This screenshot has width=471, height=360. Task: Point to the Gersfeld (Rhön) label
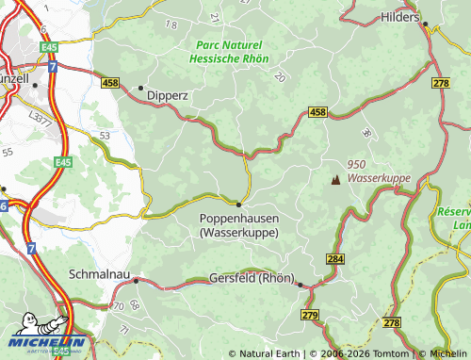coord(249,280)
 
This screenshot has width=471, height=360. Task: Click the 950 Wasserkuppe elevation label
coord(372,171)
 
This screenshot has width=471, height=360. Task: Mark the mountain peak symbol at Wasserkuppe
coord(333,179)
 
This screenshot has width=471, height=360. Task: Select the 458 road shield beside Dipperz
coord(111,85)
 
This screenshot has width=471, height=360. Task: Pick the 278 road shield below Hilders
coord(441,85)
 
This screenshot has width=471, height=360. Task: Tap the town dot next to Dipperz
coord(140,89)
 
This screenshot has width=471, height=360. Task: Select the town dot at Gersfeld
coord(300,285)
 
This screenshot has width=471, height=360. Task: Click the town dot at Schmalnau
coord(136,280)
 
